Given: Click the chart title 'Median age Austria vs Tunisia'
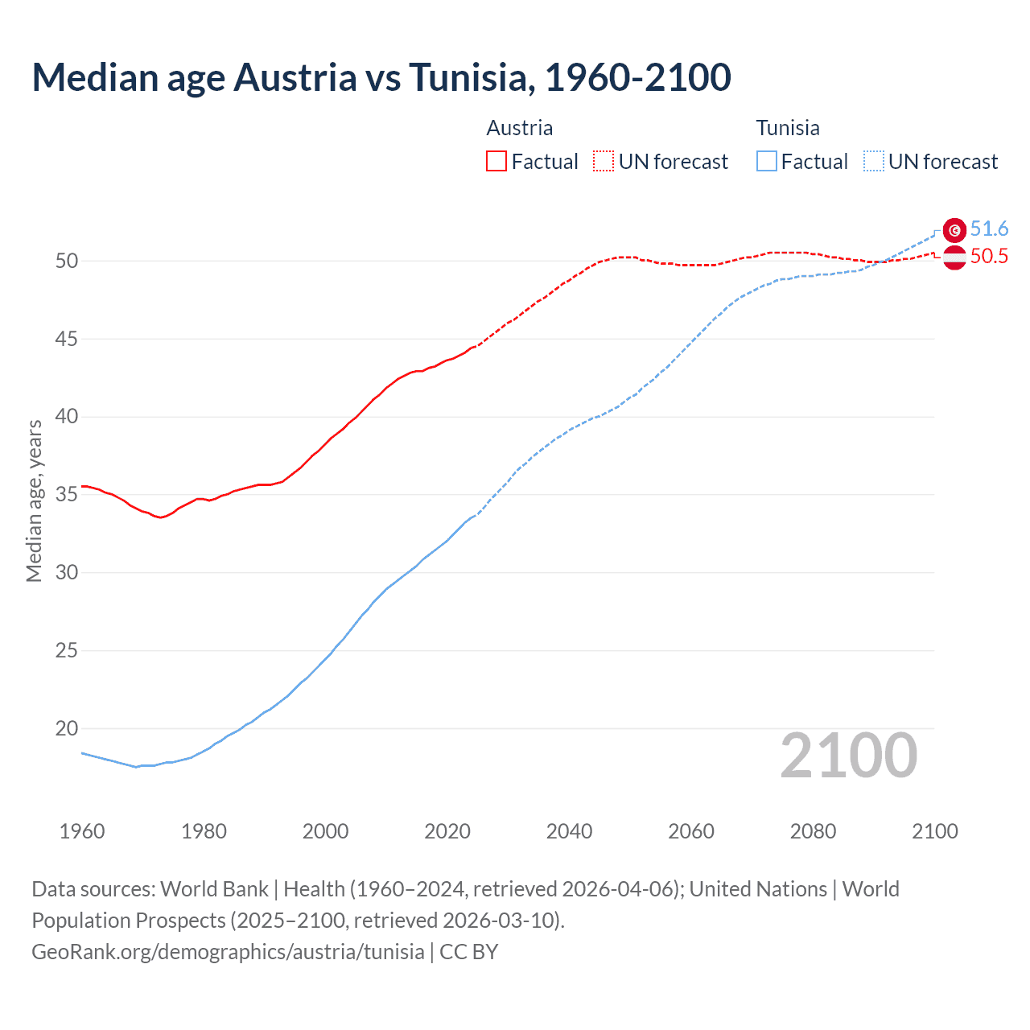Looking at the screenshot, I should click(381, 77).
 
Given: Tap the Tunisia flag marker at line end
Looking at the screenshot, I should click(954, 230).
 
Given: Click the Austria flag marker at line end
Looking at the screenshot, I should click(954, 257).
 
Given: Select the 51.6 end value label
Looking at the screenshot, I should click(989, 229).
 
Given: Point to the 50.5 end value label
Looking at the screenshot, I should click(989, 257).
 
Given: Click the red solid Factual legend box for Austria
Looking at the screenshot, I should click(496, 162).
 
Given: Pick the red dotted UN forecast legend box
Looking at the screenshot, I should click(604, 162).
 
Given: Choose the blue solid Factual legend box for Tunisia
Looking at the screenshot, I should click(767, 162).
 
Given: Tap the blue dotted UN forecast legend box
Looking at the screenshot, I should click(874, 162).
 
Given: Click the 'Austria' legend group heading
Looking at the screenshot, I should click(519, 128).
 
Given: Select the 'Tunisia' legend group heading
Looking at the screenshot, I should click(787, 128).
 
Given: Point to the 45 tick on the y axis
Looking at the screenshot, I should click(67, 339).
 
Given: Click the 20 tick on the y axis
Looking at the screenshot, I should click(67, 728).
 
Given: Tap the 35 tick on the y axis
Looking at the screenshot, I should click(67, 494).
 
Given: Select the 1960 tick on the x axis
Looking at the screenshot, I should click(82, 831).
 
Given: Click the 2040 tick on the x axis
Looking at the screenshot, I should click(569, 831).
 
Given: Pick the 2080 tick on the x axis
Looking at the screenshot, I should click(813, 831).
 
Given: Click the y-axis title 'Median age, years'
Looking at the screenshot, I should click(34, 501).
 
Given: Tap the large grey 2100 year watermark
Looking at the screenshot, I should click(848, 755).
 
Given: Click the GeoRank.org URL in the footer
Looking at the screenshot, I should click(228, 952).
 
